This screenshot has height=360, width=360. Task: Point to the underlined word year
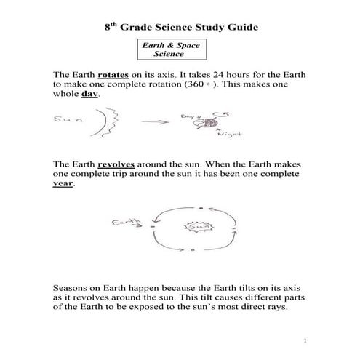click(x=63, y=185)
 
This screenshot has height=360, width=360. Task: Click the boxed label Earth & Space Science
click(x=169, y=49)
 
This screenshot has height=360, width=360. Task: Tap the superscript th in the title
click(x=111, y=24)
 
